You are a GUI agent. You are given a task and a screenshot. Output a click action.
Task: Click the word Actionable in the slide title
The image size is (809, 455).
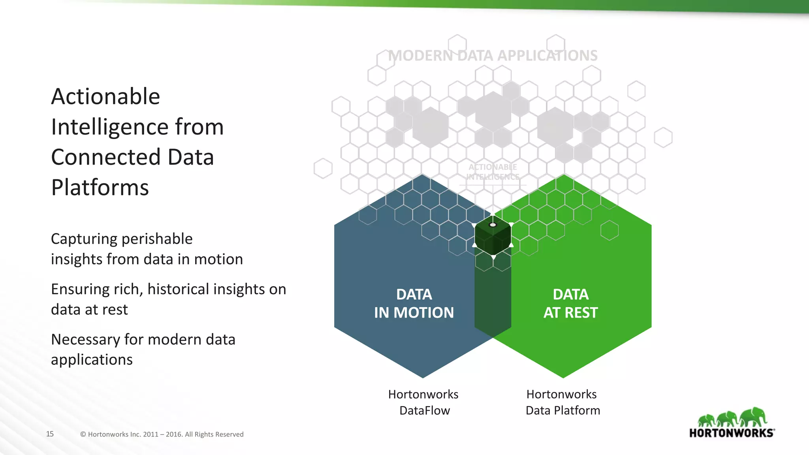click(105, 96)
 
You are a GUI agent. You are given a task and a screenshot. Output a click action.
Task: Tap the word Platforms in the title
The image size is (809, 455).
click(100, 187)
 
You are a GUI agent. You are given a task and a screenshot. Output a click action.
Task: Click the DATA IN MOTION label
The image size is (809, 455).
click(414, 303)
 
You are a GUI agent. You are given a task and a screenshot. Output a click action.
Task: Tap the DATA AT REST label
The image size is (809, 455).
click(570, 303)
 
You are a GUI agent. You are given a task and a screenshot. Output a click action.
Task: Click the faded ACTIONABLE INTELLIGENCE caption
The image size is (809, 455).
click(493, 172)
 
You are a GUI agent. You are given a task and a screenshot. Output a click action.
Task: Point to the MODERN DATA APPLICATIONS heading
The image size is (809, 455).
click(493, 56)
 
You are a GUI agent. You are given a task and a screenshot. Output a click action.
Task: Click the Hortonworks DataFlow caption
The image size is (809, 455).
click(423, 402)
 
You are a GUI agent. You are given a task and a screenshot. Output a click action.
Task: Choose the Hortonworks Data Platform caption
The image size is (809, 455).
click(563, 402)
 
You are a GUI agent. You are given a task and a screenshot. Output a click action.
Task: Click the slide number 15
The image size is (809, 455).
click(50, 434)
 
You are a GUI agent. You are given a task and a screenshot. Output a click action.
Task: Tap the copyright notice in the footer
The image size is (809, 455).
click(162, 434)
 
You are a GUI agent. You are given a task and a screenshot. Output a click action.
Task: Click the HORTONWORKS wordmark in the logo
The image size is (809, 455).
click(731, 433)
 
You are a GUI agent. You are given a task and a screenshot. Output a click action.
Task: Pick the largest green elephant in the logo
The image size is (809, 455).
click(753, 417)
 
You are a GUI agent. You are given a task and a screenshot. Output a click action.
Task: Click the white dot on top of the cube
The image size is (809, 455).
click(493, 225)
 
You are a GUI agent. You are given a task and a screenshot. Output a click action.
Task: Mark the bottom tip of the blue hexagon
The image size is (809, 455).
click(423, 377)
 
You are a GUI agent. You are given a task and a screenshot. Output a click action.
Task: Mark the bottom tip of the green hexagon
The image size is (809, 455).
click(563, 377)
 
